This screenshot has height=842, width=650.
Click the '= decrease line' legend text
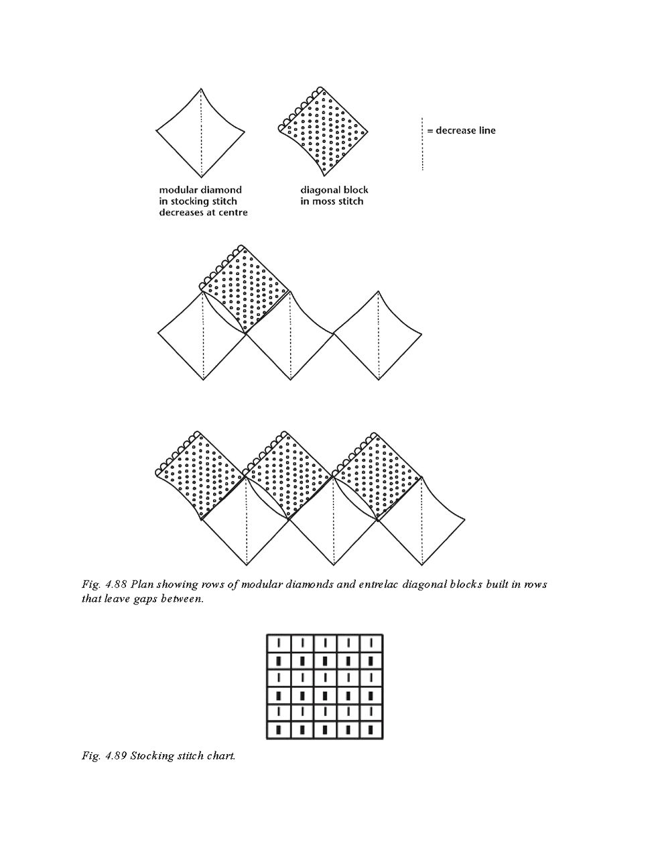[462, 130]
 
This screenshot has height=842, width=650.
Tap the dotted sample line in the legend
[422, 144]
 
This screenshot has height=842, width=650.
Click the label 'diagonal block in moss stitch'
[334, 195]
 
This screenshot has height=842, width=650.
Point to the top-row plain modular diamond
[200, 130]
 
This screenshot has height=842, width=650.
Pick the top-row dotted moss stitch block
[325, 130]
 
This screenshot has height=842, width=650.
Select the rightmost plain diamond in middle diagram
[378, 335]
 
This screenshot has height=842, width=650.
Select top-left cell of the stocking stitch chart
[279, 643]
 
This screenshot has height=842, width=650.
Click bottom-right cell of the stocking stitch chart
[370, 729]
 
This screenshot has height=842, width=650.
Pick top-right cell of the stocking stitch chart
[370, 643]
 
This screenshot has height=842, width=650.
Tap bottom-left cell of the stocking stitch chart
[279, 729]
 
